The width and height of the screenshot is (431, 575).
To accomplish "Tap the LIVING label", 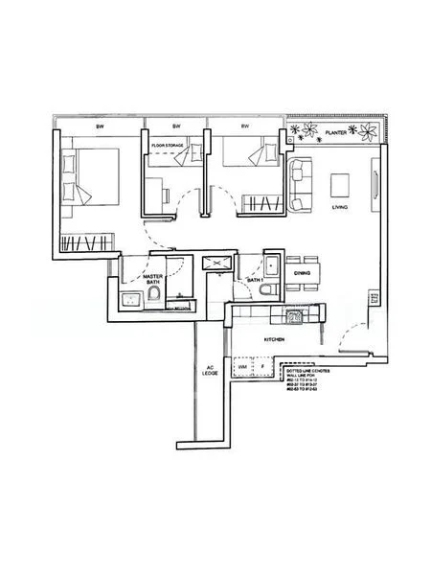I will click(339, 208).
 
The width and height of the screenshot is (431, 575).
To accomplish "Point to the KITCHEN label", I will click(277, 340).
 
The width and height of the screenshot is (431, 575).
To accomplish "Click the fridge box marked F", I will click(263, 367).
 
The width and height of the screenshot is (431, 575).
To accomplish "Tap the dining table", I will click(302, 260).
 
